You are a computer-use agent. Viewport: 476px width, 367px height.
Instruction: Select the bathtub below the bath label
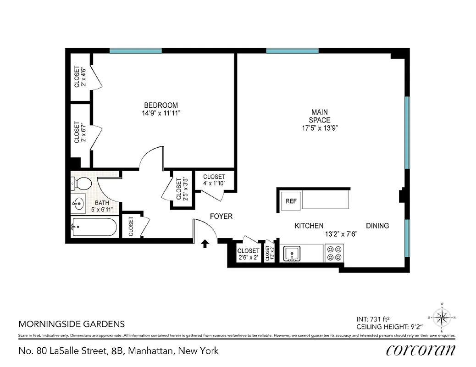(x=94, y=227)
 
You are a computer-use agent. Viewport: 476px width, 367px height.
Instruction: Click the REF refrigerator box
(x=290, y=201)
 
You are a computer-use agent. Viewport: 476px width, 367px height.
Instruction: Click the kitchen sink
(x=291, y=253)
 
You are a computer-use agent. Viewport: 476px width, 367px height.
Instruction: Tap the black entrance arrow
(x=205, y=244)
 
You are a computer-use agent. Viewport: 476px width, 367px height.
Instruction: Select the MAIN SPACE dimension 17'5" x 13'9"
(x=320, y=128)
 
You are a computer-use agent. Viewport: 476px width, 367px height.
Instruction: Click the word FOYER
(x=221, y=216)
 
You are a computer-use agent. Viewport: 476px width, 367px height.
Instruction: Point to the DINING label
(x=377, y=226)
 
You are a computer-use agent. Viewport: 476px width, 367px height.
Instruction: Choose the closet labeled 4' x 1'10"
(x=214, y=180)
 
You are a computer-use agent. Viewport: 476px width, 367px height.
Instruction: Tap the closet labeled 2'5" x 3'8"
(x=180, y=189)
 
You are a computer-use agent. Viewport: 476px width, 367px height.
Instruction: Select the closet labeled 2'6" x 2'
(x=248, y=254)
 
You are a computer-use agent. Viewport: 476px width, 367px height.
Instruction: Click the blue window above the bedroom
(x=135, y=50)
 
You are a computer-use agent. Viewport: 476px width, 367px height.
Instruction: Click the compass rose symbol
(x=442, y=317)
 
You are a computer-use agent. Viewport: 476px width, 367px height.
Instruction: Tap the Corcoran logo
(x=421, y=350)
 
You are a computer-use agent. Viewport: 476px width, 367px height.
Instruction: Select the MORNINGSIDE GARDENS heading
(x=71, y=324)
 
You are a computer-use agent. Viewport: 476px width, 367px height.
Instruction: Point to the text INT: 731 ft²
(x=376, y=319)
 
